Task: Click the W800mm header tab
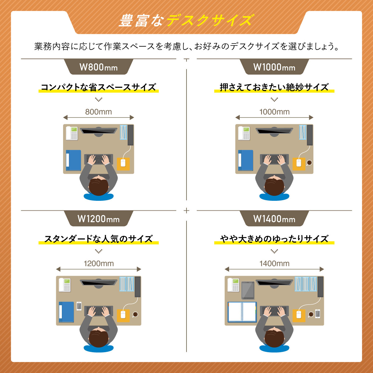pyautogui.click(x=99, y=67)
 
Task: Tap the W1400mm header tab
pyautogui.click(x=274, y=219)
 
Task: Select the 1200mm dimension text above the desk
pyautogui.click(x=99, y=264)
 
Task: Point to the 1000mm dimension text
pyautogui.click(x=274, y=112)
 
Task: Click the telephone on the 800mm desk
pyautogui.click(x=71, y=133)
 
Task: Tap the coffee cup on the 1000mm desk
pyautogui.click(x=309, y=163)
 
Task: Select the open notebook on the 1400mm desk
pyautogui.click(x=242, y=312)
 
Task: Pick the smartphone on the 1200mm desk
pyautogui.click(x=79, y=306)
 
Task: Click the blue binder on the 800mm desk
pyautogui.click(x=73, y=160)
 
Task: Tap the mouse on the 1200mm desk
pyautogui.click(x=123, y=315)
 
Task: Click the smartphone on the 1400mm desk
pyautogui.click(x=317, y=314)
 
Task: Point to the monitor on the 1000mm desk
pyautogui.click(x=274, y=131)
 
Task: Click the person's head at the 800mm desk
pyautogui.click(x=99, y=186)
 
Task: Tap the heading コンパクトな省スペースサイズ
pyautogui.click(x=99, y=87)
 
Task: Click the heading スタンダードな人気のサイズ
pyautogui.click(x=99, y=239)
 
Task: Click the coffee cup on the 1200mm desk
pyautogui.click(x=135, y=314)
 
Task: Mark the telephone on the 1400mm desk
pyautogui.click(x=233, y=285)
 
